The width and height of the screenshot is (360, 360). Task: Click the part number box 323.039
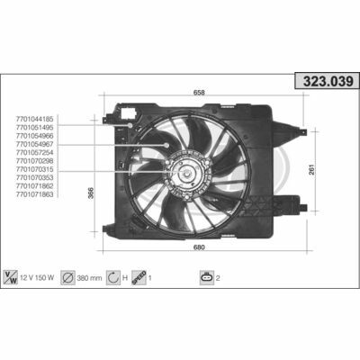tap(328, 81)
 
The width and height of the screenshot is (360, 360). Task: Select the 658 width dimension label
tap(199, 93)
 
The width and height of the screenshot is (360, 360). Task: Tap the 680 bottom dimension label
tap(199, 247)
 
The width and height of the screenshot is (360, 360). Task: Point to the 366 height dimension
tap(91, 193)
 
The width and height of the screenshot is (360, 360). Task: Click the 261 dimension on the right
tap(312, 170)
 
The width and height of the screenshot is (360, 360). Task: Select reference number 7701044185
tap(35, 119)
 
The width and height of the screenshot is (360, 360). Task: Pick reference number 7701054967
tap(35, 144)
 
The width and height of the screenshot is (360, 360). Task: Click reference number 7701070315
tap(35, 169)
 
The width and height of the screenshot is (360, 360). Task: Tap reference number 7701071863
tap(35, 194)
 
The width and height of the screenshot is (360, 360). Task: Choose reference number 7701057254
tap(35, 153)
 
